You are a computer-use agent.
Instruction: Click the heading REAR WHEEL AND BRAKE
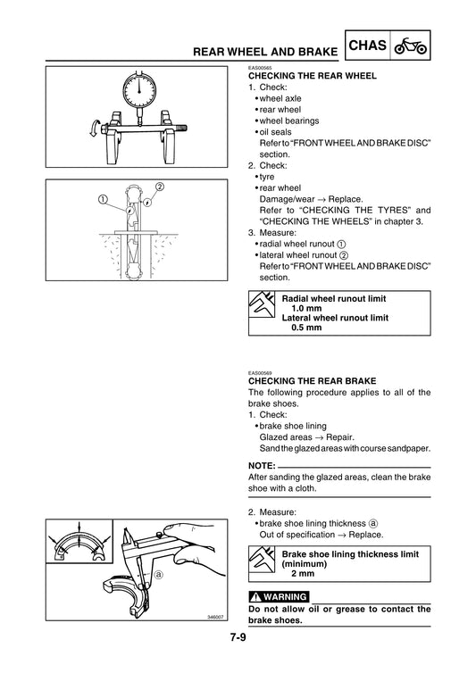[263, 53]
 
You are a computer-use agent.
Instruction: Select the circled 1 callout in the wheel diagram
[104, 197]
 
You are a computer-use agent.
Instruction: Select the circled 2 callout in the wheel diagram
[160, 187]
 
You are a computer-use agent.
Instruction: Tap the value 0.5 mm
[307, 328]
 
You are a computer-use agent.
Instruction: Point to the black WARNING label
[280, 596]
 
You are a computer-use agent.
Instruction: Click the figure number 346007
[216, 617]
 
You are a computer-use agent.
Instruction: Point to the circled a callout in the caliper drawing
[158, 575]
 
